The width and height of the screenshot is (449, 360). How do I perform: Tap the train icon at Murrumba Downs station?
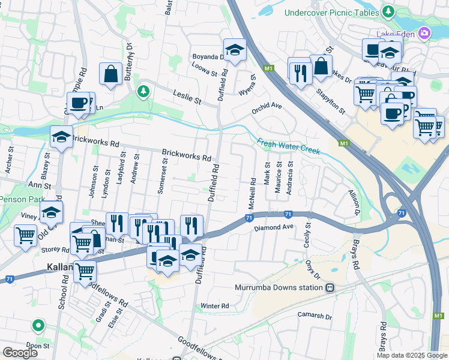point(330,288)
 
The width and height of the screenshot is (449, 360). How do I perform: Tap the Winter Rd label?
point(215,306)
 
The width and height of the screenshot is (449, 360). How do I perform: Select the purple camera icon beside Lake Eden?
point(425,34)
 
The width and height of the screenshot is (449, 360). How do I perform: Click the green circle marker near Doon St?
point(38,326)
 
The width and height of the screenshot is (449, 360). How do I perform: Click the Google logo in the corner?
point(20,353)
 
